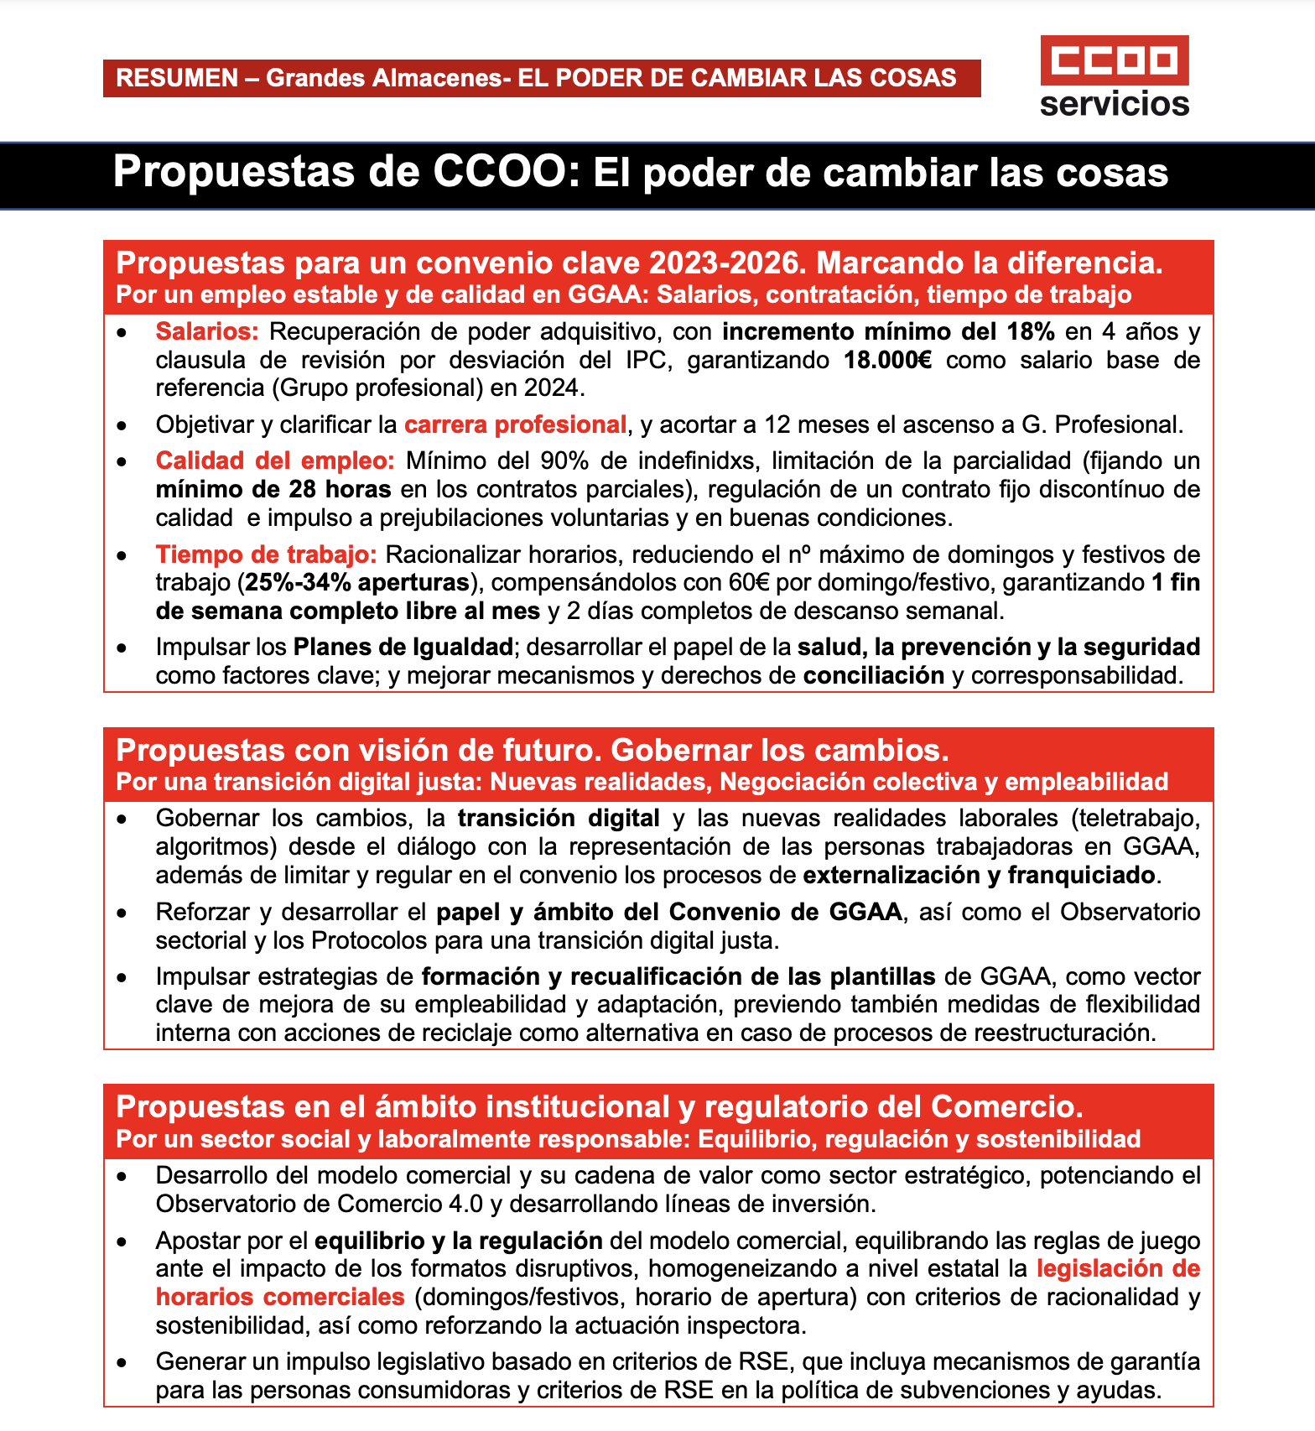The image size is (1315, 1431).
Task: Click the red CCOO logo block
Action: click(1114, 60)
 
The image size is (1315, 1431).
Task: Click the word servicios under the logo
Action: click(1114, 104)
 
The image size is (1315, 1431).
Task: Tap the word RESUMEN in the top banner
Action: click(177, 78)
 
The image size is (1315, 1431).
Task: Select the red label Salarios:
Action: click(207, 331)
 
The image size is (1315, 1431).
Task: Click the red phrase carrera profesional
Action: click(515, 424)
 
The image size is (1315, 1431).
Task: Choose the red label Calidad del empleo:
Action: click(274, 461)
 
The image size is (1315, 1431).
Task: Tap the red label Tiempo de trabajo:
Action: click(265, 554)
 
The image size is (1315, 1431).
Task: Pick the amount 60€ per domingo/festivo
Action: click(752, 582)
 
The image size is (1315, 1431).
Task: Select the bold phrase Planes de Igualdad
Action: click(403, 647)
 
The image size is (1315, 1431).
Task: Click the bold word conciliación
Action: click(873, 675)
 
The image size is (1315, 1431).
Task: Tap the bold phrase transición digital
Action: click(559, 818)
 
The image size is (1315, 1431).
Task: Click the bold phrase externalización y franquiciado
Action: click(979, 875)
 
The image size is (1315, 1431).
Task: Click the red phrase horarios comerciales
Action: click(280, 1297)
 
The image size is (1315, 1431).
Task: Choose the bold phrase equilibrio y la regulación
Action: click(458, 1241)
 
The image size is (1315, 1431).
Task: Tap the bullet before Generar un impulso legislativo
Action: click(122, 1363)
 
